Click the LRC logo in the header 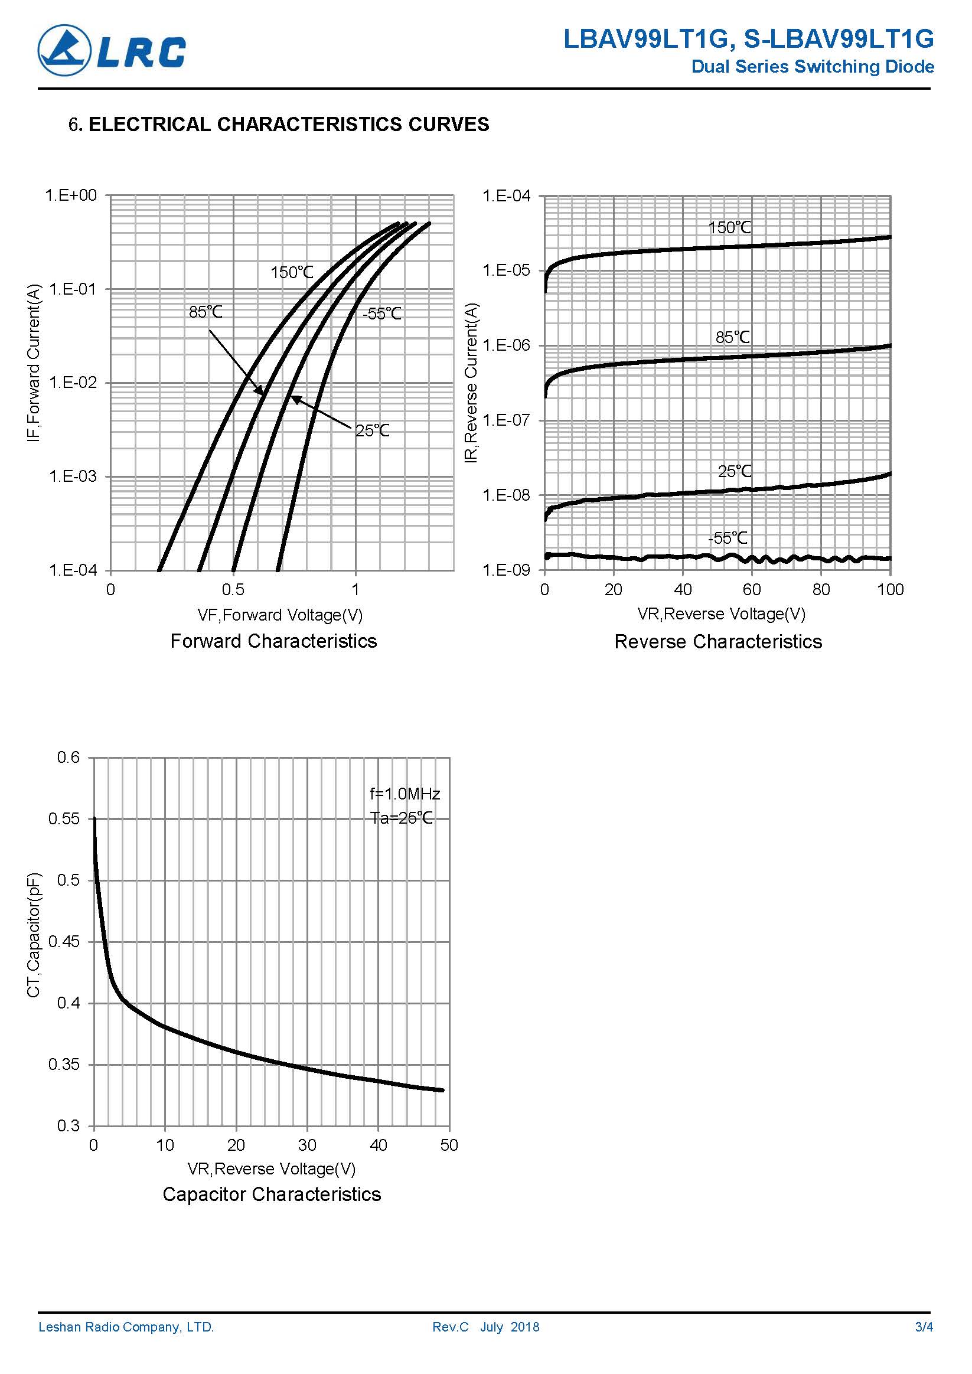coord(112,50)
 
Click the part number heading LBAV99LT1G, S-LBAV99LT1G coord(748,40)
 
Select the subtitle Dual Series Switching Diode coord(812,66)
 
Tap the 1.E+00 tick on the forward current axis coord(71,195)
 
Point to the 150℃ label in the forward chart coord(292,273)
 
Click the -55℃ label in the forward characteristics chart coord(382,314)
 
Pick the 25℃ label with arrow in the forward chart coord(372,431)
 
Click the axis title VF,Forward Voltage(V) coord(280,615)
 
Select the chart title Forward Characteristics coord(273,641)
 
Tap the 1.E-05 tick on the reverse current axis coord(506,270)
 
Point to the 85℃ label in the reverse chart coord(733,338)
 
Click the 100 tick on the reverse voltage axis coord(890,590)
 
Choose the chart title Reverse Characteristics coord(718,641)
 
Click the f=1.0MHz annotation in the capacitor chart coord(405,794)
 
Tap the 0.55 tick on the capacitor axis coord(64,818)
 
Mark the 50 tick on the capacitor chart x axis coord(449,1145)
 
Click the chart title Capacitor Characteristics coord(272,1195)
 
